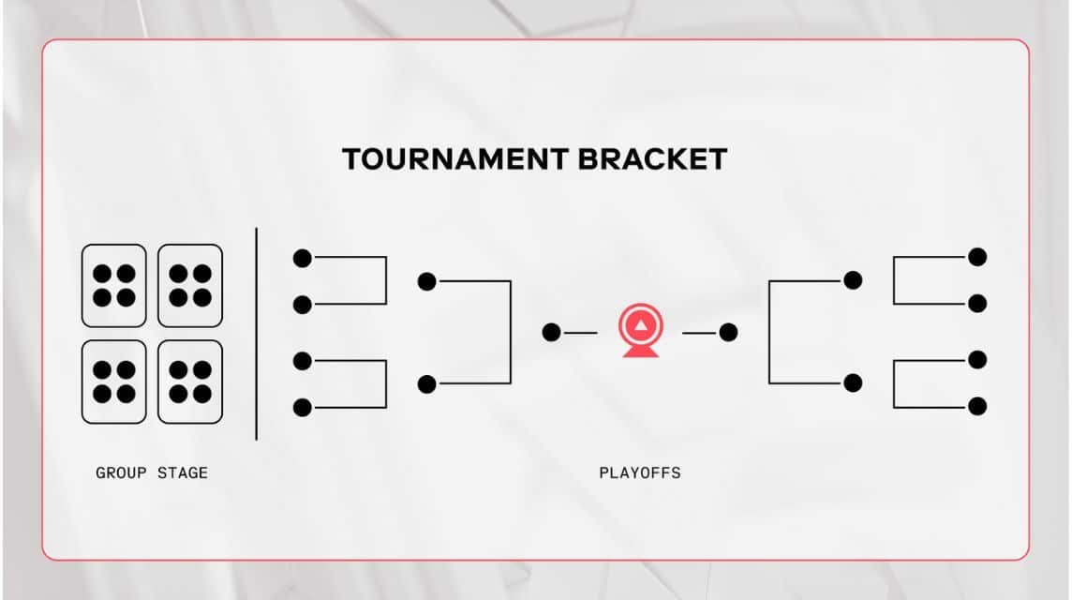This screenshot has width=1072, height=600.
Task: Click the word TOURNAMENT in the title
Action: click(454, 159)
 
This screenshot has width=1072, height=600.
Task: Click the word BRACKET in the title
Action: click(652, 159)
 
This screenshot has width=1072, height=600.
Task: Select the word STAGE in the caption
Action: click(183, 473)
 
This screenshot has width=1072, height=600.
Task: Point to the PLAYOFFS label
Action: click(640, 473)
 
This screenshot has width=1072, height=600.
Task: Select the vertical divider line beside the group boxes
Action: click(257, 333)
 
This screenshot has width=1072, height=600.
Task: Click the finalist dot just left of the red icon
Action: click(551, 332)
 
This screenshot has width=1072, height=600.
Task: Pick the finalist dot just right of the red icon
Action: click(728, 332)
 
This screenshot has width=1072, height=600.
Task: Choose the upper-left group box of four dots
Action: click(114, 285)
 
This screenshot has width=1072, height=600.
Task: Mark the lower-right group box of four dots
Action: click(190, 382)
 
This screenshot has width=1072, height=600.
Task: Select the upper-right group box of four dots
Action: click(190, 285)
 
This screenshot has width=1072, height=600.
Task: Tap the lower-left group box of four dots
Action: click(114, 382)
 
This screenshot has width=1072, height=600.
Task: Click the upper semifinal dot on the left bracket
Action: click(427, 281)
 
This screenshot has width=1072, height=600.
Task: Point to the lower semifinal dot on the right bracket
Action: click(853, 382)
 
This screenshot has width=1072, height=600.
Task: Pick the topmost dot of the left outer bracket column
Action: click(302, 258)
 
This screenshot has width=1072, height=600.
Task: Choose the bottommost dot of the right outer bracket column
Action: click(977, 406)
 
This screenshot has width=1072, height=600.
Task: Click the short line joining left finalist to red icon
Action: click(580, 332)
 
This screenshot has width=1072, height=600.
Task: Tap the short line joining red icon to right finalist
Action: click(699, 332)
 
